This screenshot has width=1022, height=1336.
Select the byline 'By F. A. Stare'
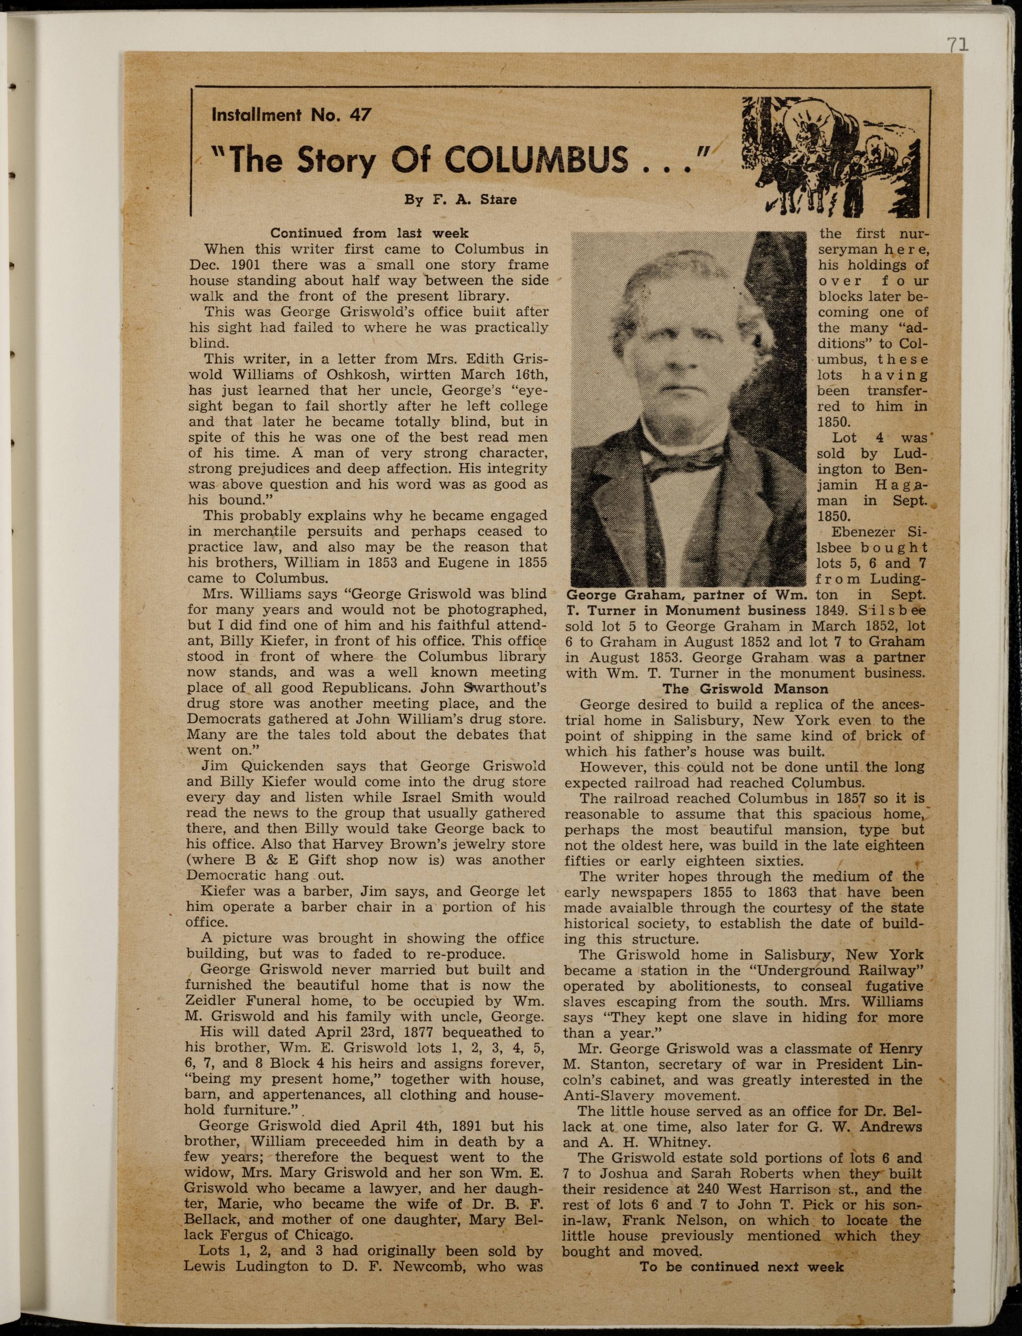click(x=461, y=200)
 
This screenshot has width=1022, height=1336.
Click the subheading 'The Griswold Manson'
click(x=745, y=689)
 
